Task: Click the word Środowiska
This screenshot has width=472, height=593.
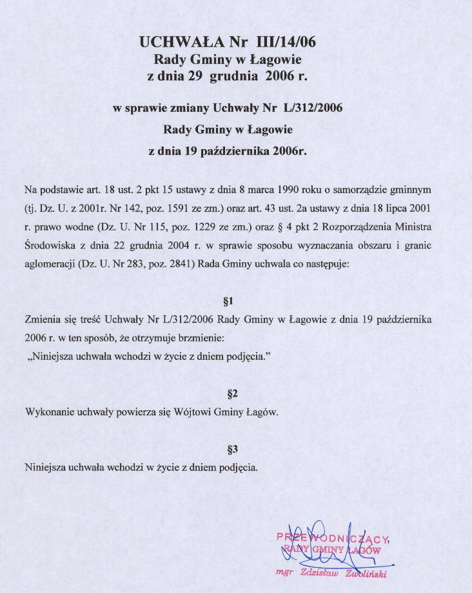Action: tap(50, 246)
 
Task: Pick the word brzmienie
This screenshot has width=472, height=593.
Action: tap(197, 338)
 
